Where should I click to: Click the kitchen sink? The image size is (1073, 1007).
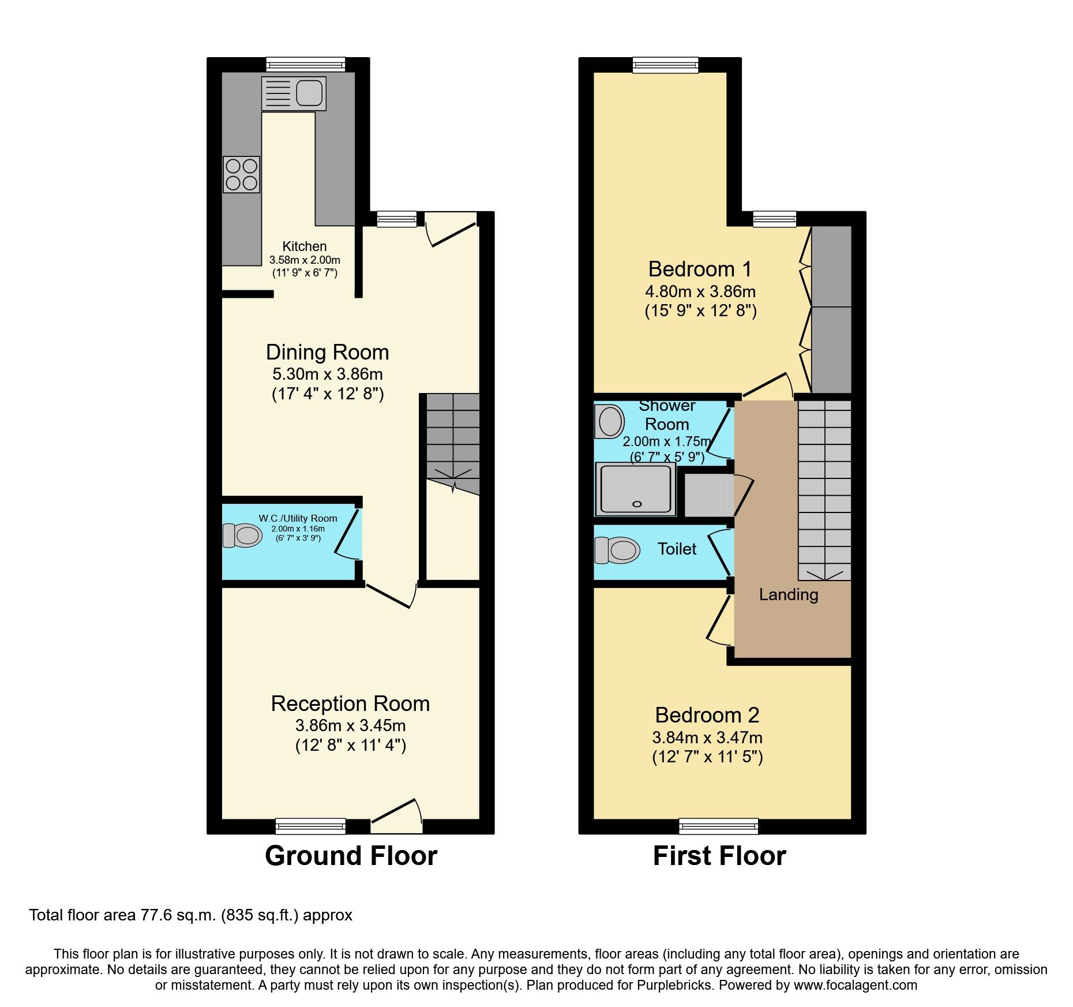(294, 93)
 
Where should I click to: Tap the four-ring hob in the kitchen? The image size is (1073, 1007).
(241, 175)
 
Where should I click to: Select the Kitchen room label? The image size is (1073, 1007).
(305, 246)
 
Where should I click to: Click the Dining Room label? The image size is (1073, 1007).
(327, 352)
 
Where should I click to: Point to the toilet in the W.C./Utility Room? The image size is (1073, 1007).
(243, 536)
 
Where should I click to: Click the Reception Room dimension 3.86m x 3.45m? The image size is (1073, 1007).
(350, 725)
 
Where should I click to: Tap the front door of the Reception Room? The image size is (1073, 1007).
(397, 819)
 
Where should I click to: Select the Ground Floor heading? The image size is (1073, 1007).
(351, 856)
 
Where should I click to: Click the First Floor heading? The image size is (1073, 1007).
(719, 856)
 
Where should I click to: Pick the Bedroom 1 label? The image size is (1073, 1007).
(700, 269)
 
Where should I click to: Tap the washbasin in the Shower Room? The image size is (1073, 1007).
(609, 421)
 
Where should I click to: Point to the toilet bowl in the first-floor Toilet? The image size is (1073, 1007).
(618, 550)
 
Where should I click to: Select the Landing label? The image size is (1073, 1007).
(788, 594)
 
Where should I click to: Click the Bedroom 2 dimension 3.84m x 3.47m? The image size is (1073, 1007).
(707, 738)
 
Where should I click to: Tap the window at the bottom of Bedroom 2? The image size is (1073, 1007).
(718, 826)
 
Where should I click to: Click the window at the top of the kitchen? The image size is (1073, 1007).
(305, 64)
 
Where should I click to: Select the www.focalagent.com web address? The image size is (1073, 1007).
(855, 985)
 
